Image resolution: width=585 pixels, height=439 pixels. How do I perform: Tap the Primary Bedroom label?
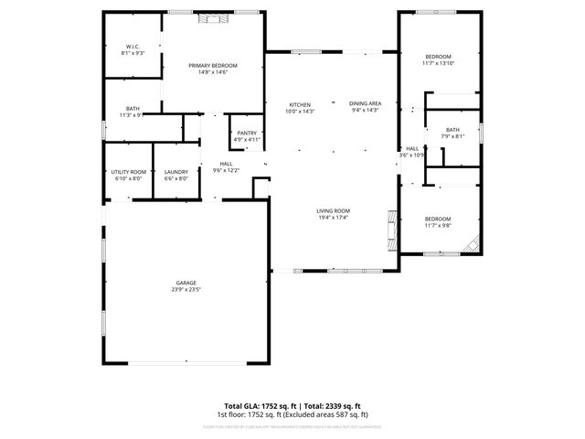click(213, 65)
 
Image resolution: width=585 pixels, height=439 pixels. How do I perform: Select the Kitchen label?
click(300, 104)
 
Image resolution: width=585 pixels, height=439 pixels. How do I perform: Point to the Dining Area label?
click(365, 104)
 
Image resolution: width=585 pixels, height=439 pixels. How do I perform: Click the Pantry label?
click(247, 134)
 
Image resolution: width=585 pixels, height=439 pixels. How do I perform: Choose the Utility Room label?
click(129, 172)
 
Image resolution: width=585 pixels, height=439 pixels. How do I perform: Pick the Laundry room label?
click(175, 172)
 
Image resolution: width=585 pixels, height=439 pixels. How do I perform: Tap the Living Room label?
click(334, 210)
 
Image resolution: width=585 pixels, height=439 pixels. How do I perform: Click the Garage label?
click(186, 283)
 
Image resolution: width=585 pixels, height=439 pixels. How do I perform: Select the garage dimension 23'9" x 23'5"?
click(186, 290)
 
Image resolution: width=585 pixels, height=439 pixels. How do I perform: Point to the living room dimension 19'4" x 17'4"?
click(334, 218)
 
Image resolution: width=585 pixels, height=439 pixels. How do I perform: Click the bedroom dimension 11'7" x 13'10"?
click(437, 64)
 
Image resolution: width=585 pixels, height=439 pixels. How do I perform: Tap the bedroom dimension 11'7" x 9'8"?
click(437, 225)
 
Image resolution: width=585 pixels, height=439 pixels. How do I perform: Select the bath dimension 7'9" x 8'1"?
click(452, 136)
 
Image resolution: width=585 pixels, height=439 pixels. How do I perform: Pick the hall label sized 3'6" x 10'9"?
click(413, 155)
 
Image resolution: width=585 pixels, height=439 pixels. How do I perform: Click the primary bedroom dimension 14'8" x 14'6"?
click(213, 72)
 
